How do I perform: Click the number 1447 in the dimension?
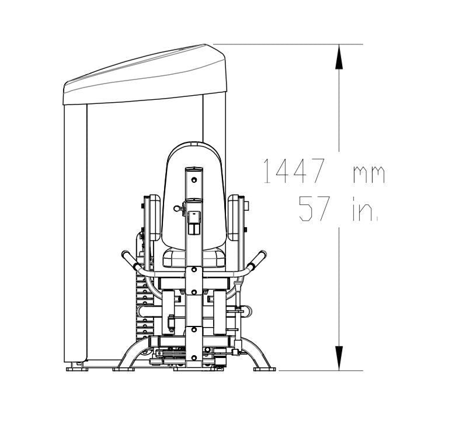pyautogui.click(x=294, y=171)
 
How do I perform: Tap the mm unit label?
pyautogui.click(x=369, y=175)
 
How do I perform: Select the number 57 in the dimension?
pyautogui.click(x=314, y=208)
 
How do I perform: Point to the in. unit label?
pyautogui.click(x=365, y=208)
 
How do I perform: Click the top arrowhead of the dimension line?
pyautogui.click(x=339, y=57)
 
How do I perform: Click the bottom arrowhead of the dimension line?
pyautogui.click(x=339, y=358)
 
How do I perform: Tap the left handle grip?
pyautogui.click(x=130, y=259)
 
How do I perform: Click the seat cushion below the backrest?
pyautogui.click(x=194, y=258)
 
